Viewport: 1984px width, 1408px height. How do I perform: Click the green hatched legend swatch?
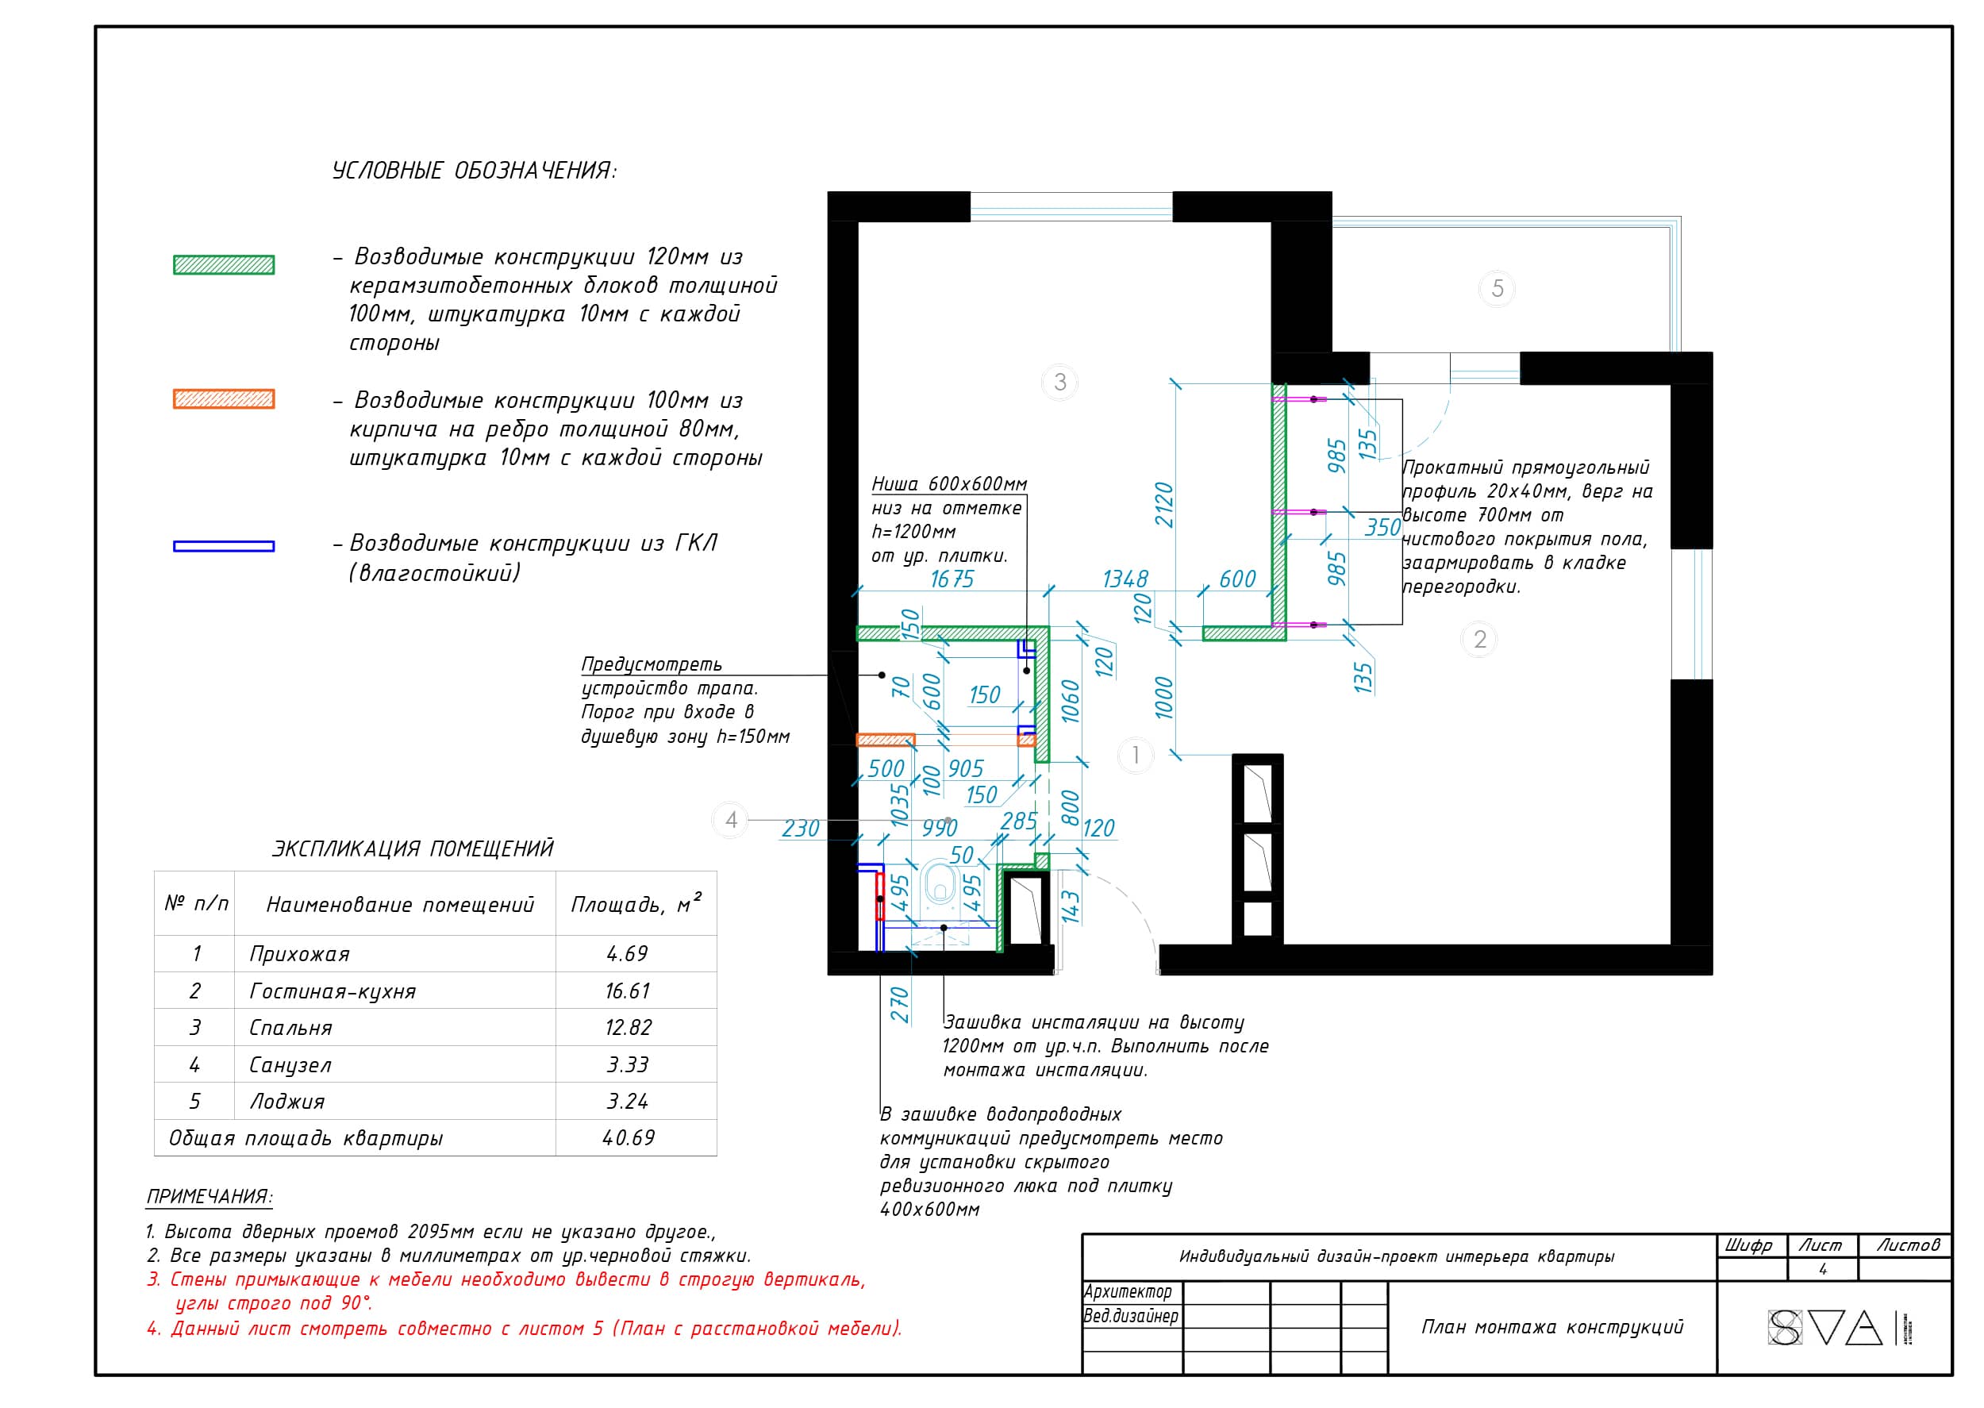(x=224, y=265)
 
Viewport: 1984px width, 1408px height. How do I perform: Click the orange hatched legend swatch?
(x=224, y=398)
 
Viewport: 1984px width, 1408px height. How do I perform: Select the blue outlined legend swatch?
(x=224, y=546)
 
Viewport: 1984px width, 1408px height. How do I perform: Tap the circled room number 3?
(x=1059, y=382)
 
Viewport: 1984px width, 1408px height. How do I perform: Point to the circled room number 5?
(x=1497, y=288)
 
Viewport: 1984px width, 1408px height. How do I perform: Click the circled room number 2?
(x=1479, y=640)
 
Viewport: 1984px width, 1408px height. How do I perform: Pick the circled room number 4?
(x=731, y=820)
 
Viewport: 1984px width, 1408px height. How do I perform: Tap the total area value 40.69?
(x=629, y=1137)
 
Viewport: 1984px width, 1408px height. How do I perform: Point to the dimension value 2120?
(x=1163, y=505)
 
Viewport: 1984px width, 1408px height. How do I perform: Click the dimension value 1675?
(x=952, y=579)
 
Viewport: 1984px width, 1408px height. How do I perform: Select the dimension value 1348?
(x=1125, y=579)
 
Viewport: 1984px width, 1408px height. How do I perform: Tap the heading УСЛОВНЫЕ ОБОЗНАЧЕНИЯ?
(x=474, y=171)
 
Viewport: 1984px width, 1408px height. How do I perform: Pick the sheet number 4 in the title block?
(x=1823, y=1269)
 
